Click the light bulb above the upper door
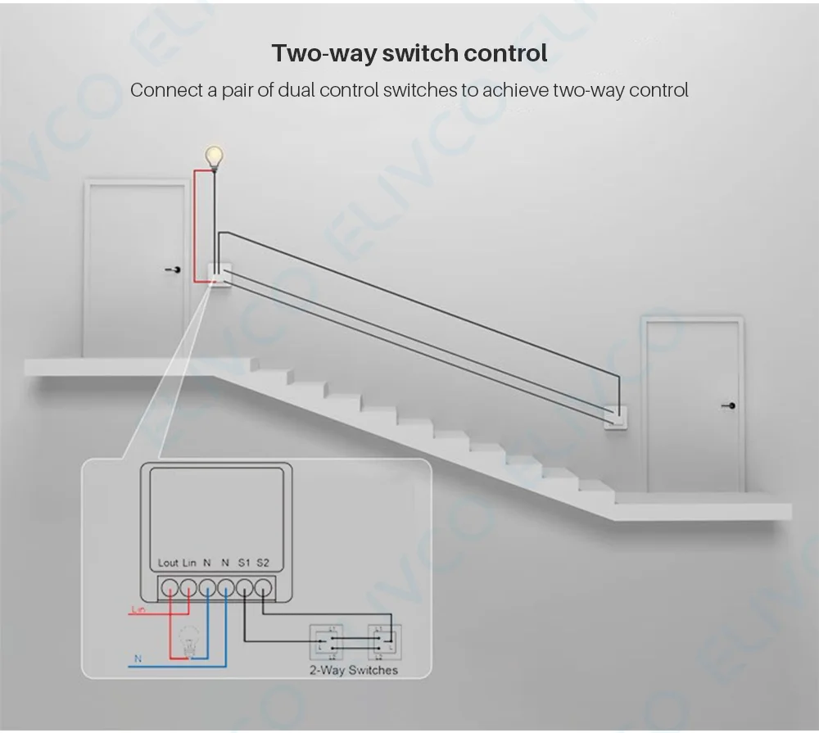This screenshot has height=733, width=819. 214,155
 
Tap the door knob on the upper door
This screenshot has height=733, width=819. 174,269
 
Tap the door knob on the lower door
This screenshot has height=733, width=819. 731,405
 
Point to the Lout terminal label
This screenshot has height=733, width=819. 168,563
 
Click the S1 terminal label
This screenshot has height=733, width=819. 244,563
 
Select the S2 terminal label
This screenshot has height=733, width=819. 263,563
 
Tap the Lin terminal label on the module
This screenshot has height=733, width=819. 190,563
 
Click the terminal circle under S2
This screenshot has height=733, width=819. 263,587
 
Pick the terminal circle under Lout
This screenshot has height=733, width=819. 170,587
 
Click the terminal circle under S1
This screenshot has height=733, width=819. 244,587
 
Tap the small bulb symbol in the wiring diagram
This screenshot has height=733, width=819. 189,638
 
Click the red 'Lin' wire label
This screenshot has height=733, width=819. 138,609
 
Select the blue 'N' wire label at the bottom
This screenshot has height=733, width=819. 137,658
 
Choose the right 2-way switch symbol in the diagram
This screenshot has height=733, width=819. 382,642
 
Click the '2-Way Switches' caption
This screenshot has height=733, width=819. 354,670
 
